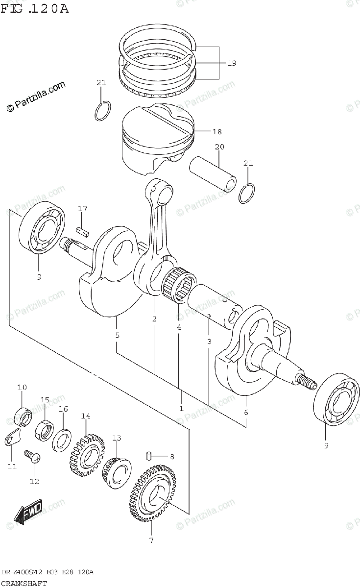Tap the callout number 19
pyautogui.click(x=231, y=63)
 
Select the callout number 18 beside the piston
pyautogui.click(x=217, y=131)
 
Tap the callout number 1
pyautogui.click(x=181, y=408)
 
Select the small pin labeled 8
pyautogui.click(x=148, y=457)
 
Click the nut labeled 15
pyautogui.click(x=45, y=431)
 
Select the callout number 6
pyautogui.click(x=246, y=412)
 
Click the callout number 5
pyautogui.click(x=117, y=336)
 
